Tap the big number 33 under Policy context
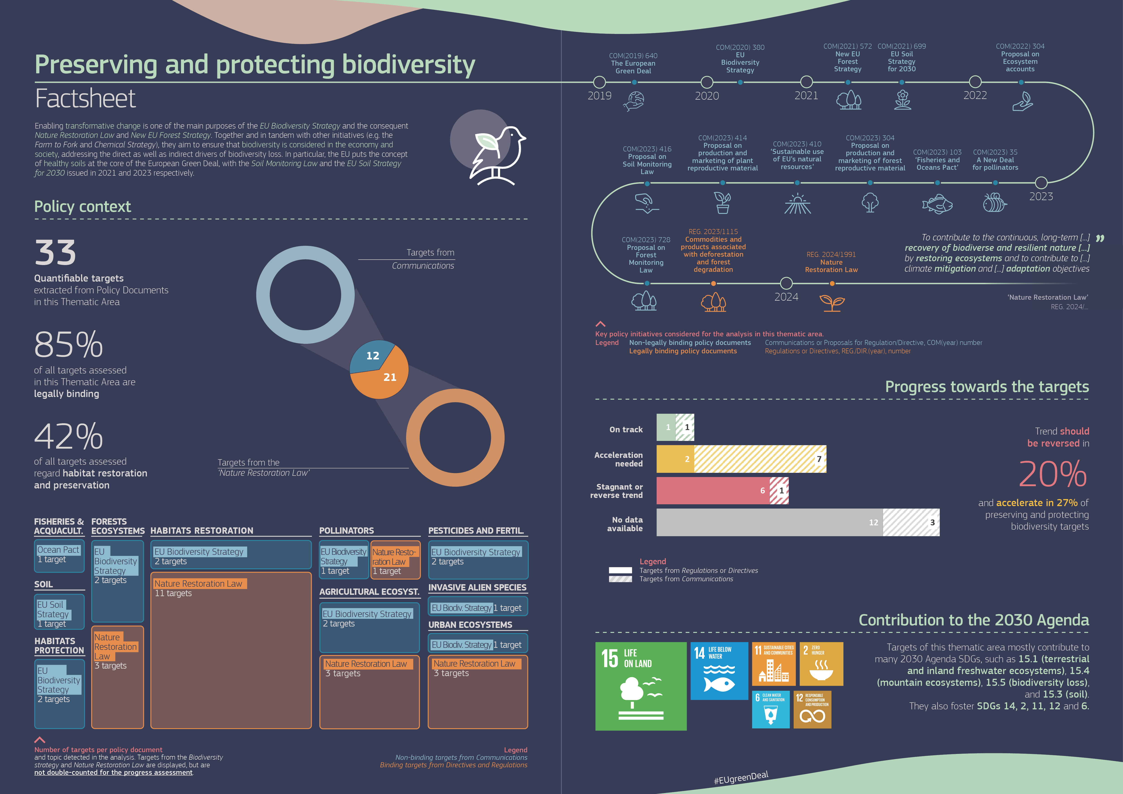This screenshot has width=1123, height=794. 55,253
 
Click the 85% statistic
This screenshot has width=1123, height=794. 68,345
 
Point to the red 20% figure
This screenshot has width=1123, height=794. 1053,474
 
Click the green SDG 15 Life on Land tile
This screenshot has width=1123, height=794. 641,686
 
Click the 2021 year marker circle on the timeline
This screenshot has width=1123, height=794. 806,82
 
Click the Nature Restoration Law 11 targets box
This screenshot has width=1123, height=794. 231,650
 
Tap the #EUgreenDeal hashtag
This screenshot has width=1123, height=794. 741,777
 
